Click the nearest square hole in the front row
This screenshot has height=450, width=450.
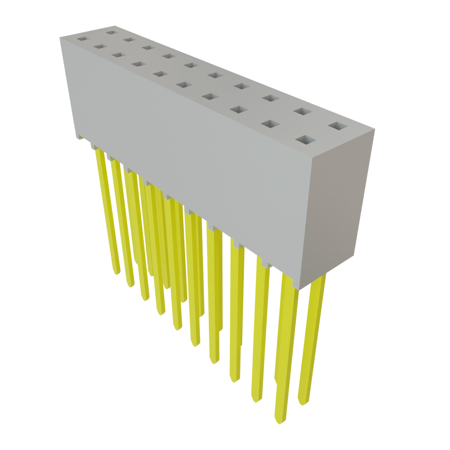coord(306,141)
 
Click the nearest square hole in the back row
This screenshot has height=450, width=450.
coord(337,127)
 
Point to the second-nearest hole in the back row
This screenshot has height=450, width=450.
coord(301,112)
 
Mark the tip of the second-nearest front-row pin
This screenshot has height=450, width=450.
coord(255,401)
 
